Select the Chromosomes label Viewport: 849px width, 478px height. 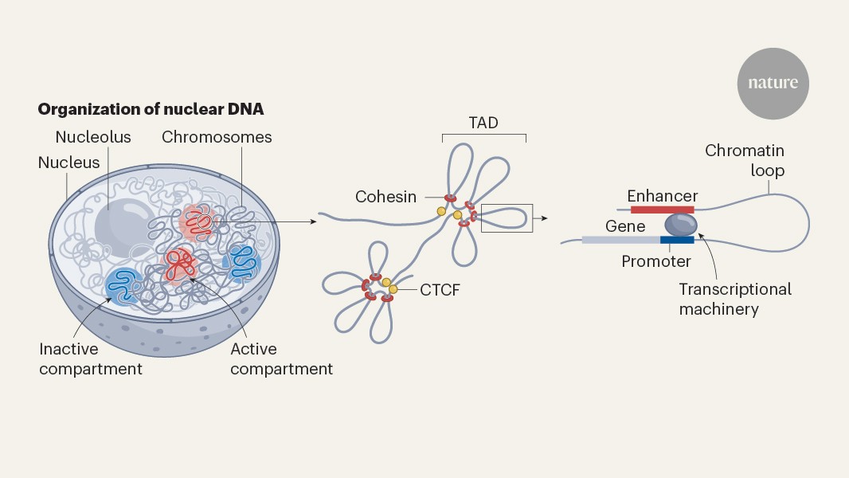point(217,137)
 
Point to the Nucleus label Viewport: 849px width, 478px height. point(69,163)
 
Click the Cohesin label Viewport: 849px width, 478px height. point(386,196)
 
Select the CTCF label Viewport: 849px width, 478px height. point(440,290)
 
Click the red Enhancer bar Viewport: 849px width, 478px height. point(662,210)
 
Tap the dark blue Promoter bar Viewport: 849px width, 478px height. point(676,239)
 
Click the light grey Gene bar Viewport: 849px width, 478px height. point(620,239)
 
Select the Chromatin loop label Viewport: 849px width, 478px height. point(744,160)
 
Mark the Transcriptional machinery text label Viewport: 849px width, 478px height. point(735,299)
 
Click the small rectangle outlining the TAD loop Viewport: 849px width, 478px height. point(507,217)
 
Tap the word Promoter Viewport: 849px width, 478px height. point(656,261)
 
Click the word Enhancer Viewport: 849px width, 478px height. point(662,195)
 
